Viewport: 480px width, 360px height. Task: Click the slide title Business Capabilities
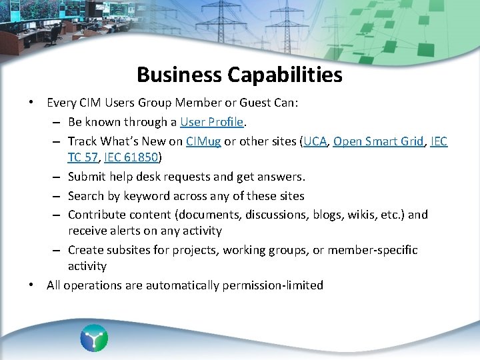tap(239, 75)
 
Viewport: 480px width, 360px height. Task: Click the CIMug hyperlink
tap(203, 141)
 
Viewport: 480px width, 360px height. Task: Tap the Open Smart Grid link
tap(377, 141)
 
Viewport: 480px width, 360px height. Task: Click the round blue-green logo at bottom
tap(94, 338)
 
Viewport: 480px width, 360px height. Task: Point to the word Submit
tap(87, 177)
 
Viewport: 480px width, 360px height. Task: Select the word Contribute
tap(95, 215)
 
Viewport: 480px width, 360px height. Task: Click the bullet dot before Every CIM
tap(31, 103)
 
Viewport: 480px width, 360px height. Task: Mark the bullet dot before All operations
tap(31, 285)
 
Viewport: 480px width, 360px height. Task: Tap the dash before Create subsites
tap(56, 250)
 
